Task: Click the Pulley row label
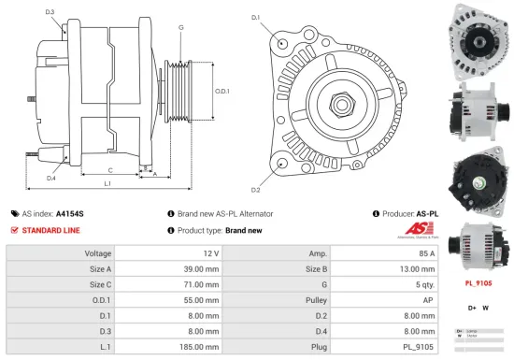pos(316,300)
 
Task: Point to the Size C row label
pos(100,285)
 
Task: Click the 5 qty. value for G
pos(424,285)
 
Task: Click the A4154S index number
pos(70,213)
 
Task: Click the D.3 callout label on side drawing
pos(49,12)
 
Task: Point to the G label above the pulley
pos(180,27)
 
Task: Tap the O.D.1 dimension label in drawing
pos(221,92)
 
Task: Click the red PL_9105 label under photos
pos(478,281)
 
